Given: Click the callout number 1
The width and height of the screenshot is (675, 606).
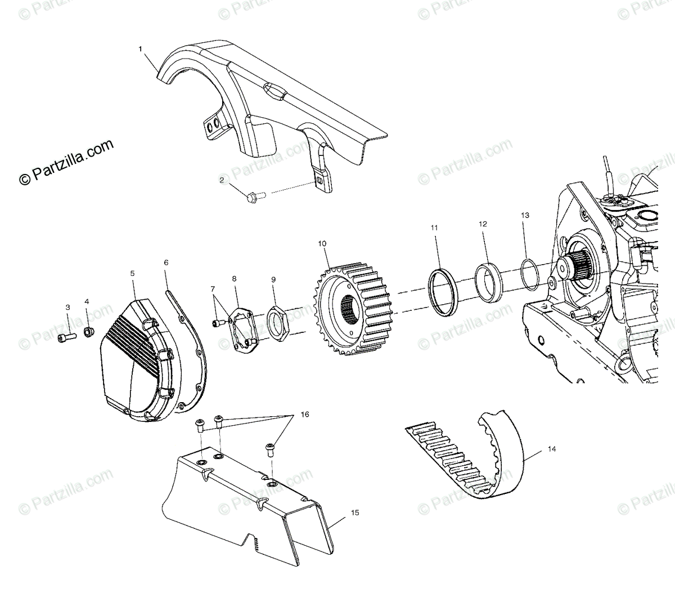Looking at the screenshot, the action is tap(141, 50).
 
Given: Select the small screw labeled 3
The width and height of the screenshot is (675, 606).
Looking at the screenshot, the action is tap(65, 337).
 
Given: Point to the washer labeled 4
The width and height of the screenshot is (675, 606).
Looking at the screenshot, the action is tap(88, 332).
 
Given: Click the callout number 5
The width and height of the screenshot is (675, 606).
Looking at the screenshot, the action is tap(133, 273).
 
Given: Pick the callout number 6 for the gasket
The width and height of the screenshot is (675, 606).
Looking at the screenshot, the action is tap(166, 247).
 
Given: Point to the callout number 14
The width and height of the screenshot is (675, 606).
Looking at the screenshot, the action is tap(552, 449).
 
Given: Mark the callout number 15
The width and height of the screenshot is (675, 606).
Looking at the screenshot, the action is tap(354, 513).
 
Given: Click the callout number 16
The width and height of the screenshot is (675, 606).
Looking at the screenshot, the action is tap(305, 415).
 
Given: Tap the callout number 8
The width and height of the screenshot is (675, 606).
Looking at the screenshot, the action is tap(234, 278).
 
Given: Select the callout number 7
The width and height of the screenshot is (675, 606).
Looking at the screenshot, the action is tap(213, 289).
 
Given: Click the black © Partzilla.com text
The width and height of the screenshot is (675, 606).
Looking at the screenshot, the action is tap(66, 163).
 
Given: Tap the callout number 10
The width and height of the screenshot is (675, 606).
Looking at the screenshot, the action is tap(322, 244).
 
